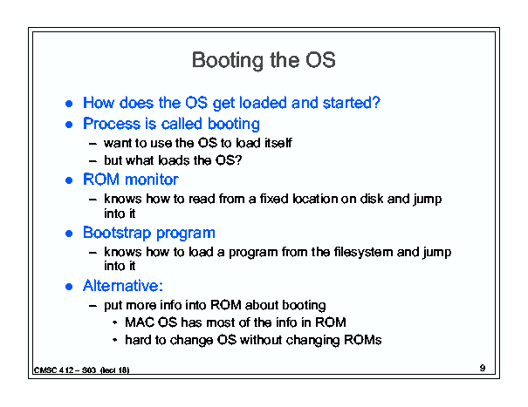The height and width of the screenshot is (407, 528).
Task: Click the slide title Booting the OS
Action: pos(264,60)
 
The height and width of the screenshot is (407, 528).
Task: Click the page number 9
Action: pos(483,368)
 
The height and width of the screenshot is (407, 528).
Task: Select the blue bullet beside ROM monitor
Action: pos(69,180)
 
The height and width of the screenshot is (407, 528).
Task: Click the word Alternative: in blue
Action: pos(123,286)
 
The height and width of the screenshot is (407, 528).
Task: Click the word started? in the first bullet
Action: pos(351,103)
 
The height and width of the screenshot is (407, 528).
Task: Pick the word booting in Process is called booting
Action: pos(234,124)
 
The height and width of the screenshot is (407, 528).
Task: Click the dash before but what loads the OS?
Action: pos(93,161)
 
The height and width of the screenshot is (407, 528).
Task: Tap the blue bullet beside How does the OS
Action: pos(69,104)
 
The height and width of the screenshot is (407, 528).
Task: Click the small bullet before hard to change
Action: pos(115,340)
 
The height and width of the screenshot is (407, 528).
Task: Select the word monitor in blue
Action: pos(152,180)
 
